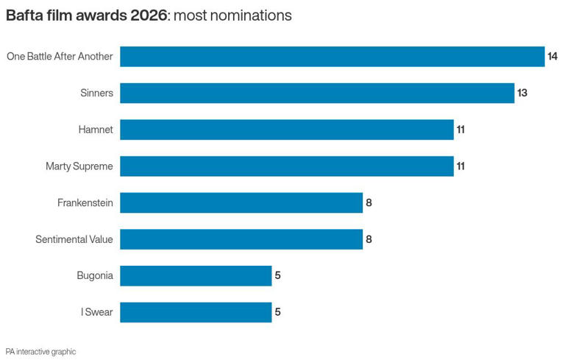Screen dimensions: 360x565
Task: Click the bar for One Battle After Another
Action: coord(332,57)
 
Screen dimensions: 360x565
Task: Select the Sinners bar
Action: coord(316,93)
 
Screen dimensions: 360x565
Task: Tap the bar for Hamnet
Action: coord(286,130)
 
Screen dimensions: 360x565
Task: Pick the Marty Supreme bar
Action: coord(286,166)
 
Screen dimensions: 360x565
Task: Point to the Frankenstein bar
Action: coord(241,202)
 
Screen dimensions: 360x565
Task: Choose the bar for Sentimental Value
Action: coord(241,239)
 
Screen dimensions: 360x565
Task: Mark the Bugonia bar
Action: coord(196,275)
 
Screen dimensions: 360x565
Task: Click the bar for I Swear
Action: coord(196,312)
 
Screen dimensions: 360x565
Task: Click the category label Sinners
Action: coord(96,93)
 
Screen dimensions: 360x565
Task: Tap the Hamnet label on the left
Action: coord(96,130)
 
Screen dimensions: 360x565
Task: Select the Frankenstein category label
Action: coord(85,202)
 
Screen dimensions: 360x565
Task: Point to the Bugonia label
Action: coord(95,275)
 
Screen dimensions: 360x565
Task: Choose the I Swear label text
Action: coord(97,312)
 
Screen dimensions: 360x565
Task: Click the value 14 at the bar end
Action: coord(552,57)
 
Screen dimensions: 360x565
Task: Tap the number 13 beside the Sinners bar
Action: coord(522,93)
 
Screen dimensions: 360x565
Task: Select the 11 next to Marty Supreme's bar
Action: coord(461,166)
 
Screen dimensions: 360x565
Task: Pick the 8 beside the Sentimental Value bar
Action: coord(369,239)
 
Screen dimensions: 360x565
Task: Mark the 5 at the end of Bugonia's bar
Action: coord(277,275)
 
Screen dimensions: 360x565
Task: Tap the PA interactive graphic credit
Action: coord(40,352)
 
